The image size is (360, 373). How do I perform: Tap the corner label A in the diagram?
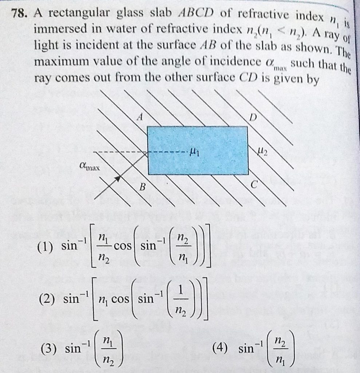[141, 117]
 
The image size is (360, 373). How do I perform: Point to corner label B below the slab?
[142, 187]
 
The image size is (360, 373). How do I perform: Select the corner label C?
[254, 184]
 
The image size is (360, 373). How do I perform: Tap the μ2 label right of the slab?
[262, 151]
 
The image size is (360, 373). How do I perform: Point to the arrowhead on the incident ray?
[117, 178]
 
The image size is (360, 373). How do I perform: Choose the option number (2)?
[47, 299]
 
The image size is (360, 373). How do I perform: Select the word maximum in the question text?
[60, 62]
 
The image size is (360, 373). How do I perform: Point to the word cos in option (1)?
[122, 246]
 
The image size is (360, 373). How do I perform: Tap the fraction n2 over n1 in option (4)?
[280, 349]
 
